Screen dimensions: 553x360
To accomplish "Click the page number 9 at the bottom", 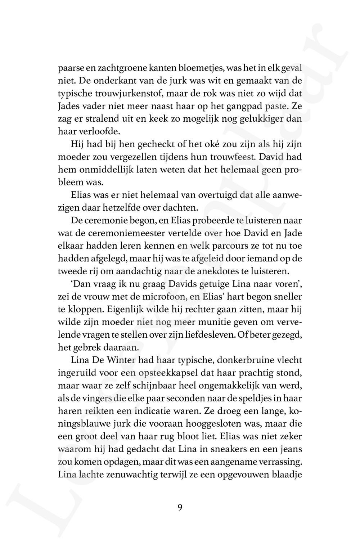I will tap(180, 507).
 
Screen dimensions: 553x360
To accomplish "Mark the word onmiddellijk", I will tap(101, 170).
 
